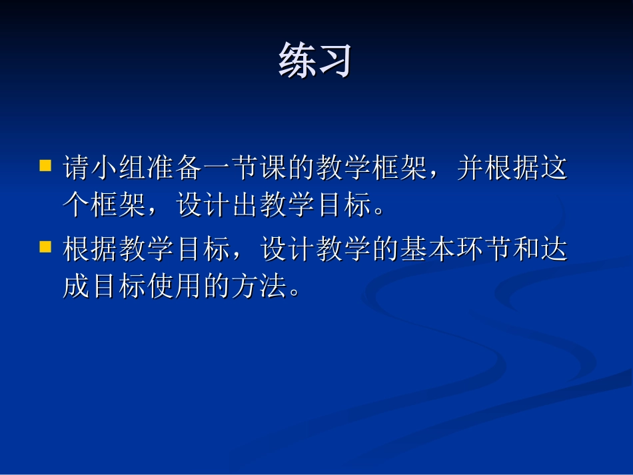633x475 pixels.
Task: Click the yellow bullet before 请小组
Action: [x=45, y=165]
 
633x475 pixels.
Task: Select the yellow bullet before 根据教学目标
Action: [x=45, y=247]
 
